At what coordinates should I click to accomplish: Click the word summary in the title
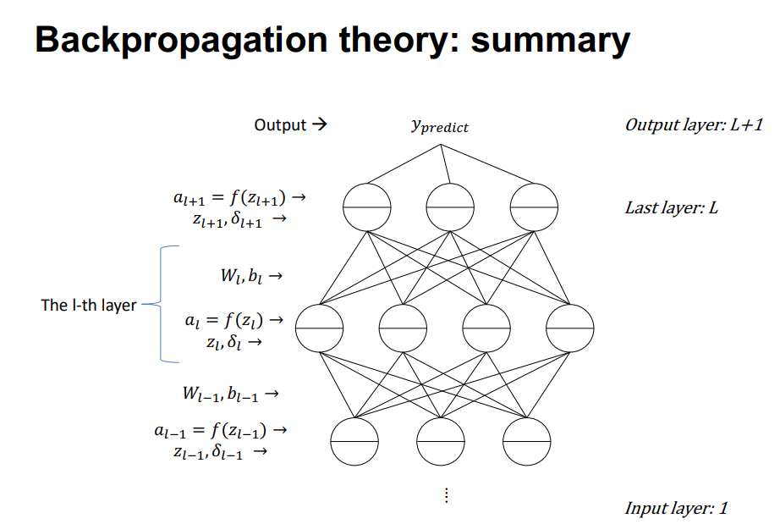pos(550,41)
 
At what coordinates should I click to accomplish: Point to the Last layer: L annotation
pos(671,207)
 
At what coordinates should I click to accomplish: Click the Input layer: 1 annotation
pos(675,508)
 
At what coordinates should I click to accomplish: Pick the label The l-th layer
pos(89,305)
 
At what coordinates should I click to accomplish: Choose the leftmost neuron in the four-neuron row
pos(320,326)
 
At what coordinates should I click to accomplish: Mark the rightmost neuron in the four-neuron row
pos(569,326)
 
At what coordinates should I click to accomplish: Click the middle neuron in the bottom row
pos(441,442)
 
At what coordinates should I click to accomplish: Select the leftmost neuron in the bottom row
pos(354,442)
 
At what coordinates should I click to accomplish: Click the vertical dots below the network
pos(446,496)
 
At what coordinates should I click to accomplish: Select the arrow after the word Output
pos(318,125)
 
